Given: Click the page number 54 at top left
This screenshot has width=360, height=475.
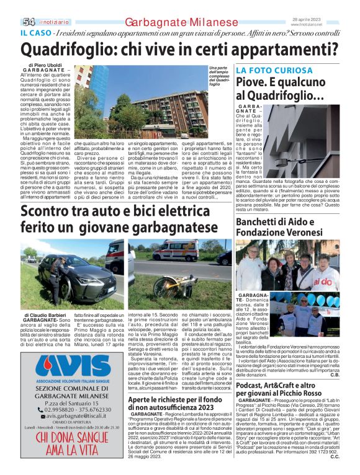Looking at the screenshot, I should click(x=29, y=22).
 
